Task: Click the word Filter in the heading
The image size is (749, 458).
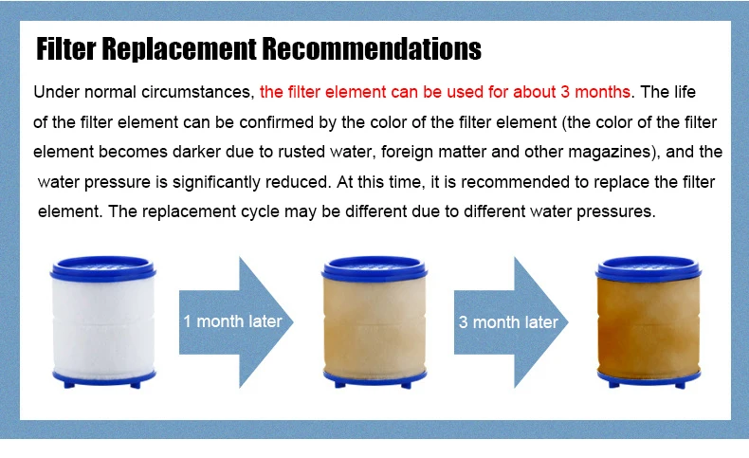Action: coord(66,48)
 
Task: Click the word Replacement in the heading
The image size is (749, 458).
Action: coord(179,48)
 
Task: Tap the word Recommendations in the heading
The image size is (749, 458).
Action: coord(372,48)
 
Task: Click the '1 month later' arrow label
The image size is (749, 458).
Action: coord(232,321)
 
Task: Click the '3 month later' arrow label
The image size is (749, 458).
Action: coord(508,322)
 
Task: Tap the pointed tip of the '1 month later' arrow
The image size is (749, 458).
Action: coord(293,321)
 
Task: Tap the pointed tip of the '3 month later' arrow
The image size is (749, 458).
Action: coord(568,322)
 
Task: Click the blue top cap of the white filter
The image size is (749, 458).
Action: coord(102,268)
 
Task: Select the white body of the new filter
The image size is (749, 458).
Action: coord(103,324)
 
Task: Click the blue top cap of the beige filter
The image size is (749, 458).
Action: coord(374,268)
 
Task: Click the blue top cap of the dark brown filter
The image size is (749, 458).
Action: coord(649,268)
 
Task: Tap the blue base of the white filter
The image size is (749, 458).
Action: coord(103,378)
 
